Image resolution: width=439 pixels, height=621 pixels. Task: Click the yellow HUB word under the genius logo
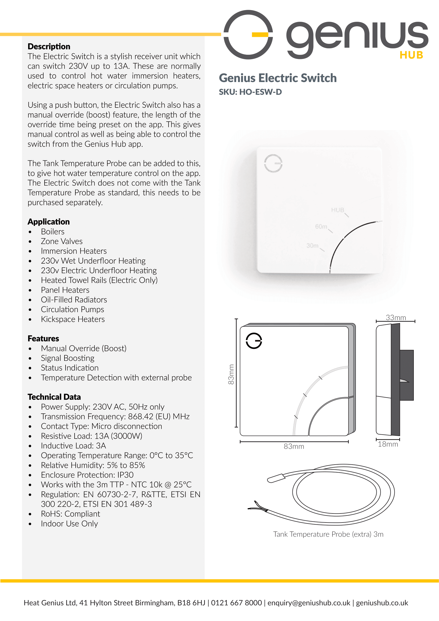[411, 55]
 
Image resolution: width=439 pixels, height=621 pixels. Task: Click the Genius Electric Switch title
[278, 78]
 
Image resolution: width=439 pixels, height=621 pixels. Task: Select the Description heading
[49, 46]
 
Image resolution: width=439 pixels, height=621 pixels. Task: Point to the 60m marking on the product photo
[321, 227]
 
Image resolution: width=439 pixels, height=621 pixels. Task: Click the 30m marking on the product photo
[312, 246]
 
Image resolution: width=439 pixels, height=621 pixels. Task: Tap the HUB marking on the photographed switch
[338, 210]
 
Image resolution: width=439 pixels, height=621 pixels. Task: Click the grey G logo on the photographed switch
[273, 163]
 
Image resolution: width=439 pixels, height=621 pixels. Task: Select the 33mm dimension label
[396, 318]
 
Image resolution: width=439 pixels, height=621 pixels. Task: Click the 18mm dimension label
[388, 444]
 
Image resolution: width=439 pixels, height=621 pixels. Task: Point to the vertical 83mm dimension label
[231, 374]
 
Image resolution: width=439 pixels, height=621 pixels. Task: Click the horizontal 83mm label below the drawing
[294, 447]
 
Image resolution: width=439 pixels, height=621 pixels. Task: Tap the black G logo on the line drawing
[254, 341]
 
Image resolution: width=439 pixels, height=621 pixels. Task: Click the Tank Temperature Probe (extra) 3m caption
[328, 534]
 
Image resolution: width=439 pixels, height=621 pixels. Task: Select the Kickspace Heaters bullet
[73, 319]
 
